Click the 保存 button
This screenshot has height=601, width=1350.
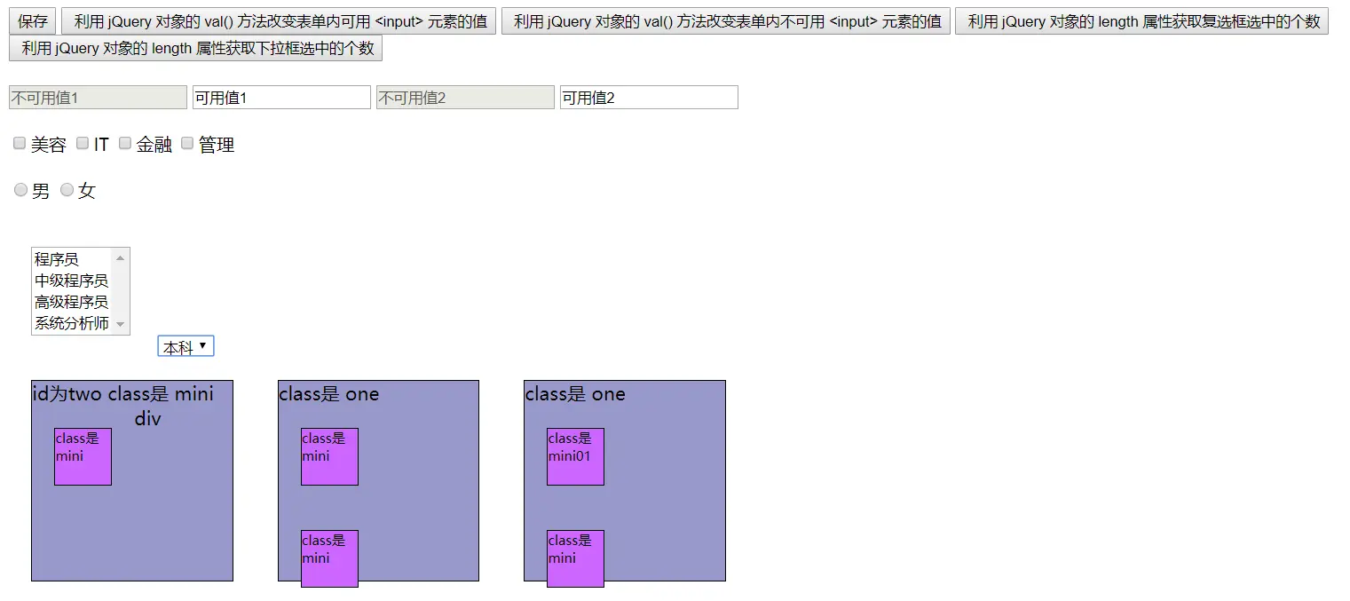coord(33,21)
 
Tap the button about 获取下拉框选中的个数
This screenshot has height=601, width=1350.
coord(195,48)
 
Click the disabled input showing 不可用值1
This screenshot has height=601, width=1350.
coord(98,98)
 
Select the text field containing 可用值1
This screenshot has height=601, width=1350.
coord(281,98)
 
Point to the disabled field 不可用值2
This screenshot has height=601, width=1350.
coord(465,98)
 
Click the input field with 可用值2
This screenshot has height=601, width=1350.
coord(649,98)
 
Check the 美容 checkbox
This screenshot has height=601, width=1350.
coord(20,144)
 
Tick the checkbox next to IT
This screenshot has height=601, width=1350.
coord(83,144)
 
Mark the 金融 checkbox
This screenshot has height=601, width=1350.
coord(125,144)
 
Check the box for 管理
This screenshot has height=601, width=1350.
coord(187,144)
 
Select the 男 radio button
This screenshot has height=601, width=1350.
coord(21,191)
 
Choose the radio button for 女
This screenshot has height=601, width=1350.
coord(67,191)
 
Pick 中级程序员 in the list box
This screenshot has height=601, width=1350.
coord(71,281)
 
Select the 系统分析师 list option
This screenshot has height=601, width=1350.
coord(71,323)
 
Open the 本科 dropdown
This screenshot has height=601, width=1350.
coord(186,346)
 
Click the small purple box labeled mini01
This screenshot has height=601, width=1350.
coord(575,456)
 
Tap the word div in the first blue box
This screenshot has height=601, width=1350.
coord(148,418)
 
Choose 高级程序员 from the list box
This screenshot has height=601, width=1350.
coord(71,302)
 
